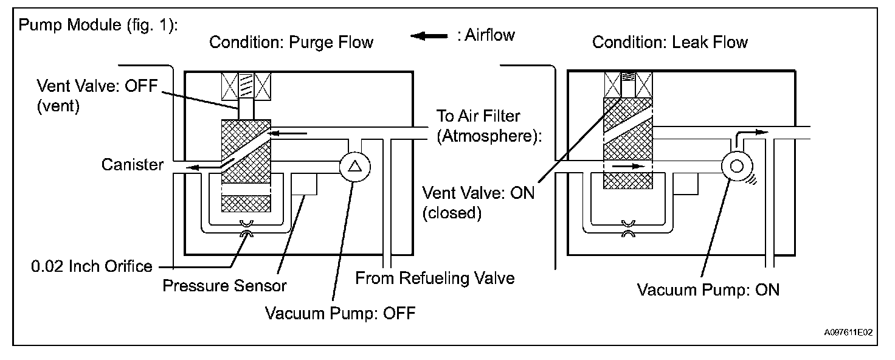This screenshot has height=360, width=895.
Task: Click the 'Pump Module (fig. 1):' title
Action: tap(98, 25)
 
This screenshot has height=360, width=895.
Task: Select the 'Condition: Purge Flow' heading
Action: tap(291, 43)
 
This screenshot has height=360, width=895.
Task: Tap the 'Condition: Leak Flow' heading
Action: tap(669, 42)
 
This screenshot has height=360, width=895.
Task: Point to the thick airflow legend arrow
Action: tap(429, 36)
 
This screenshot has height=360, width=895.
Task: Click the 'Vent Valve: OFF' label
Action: tap(97, 86)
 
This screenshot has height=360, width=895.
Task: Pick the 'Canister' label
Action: tap(133, 165)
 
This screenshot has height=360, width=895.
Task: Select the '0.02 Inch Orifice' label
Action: tap(91, 266)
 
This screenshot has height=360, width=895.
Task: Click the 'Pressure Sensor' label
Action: tap(224, 286)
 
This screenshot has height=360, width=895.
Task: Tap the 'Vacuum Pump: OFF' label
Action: tap(340, 313)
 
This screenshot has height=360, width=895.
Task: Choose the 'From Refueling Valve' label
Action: tap(435, 278)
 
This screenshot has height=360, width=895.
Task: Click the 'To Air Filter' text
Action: tap(479, 116)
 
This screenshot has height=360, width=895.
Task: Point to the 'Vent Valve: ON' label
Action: tap(479, 193)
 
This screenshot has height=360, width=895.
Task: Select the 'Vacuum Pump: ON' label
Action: tap(708, 289)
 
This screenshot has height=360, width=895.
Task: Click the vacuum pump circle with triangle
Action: tap(355, 167)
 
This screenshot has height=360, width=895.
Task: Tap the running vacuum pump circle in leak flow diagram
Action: tap(737, 166)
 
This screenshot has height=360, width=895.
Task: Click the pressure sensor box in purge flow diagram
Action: tap(304, 184)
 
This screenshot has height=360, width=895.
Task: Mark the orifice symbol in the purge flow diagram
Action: tap(246, 228)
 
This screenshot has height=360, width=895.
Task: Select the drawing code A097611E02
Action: tap(848, 333)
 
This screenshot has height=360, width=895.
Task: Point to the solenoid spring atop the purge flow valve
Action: tap(246, 86)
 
